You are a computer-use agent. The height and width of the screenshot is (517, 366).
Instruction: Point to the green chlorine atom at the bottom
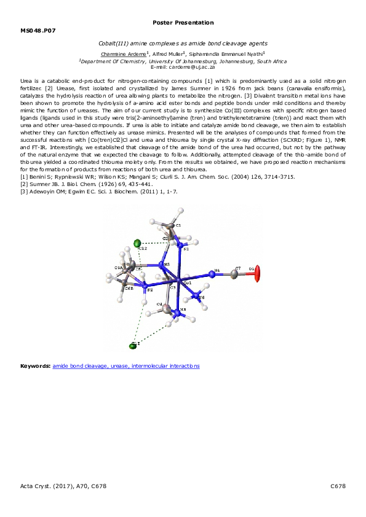(x=133, y=346)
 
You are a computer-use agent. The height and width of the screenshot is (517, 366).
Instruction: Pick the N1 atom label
(x=186, y=249)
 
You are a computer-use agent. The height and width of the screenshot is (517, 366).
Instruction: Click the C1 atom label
(x=178, y=226)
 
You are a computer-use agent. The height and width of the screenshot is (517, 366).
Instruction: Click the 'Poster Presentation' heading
(x=183, y=23)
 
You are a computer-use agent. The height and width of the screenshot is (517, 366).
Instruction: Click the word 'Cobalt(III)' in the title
(x=113, y=44)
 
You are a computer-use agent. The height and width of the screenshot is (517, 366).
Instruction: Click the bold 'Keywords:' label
(x=35, y=366)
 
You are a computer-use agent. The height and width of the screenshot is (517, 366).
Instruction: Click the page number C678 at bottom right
(x=338, y=486)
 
